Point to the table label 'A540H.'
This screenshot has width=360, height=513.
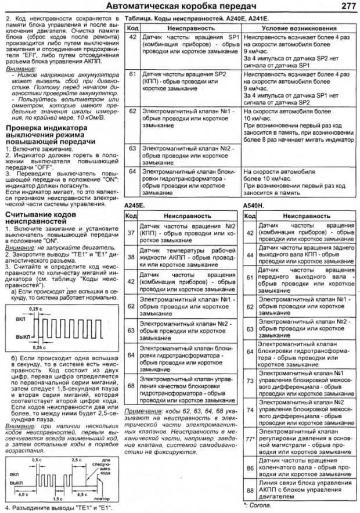click(x=254, y=205)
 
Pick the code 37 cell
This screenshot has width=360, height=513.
click(x=131, y=233)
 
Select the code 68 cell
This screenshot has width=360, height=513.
click(x=131, y=386)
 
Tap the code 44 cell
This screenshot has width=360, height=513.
click(x=250, y=254)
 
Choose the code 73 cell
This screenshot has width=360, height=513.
click(x=250, y=381)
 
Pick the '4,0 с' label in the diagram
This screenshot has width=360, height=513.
click(x=24, y=494)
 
